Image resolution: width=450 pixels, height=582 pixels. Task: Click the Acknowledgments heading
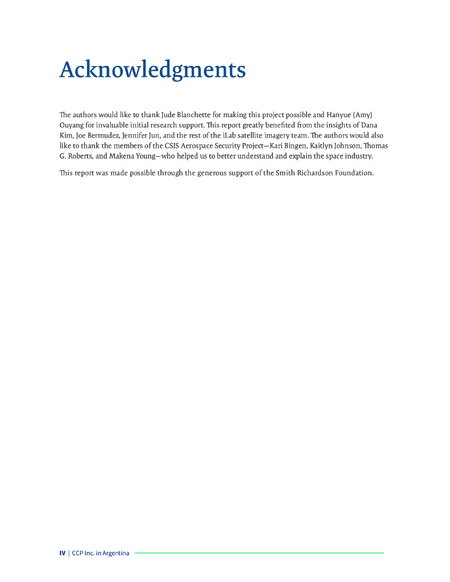click(152, 70)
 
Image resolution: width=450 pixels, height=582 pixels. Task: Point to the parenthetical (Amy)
click(363, 115)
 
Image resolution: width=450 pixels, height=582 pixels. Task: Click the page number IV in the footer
click(62, 553)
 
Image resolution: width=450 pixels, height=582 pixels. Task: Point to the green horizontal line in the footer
click(259, 552)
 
